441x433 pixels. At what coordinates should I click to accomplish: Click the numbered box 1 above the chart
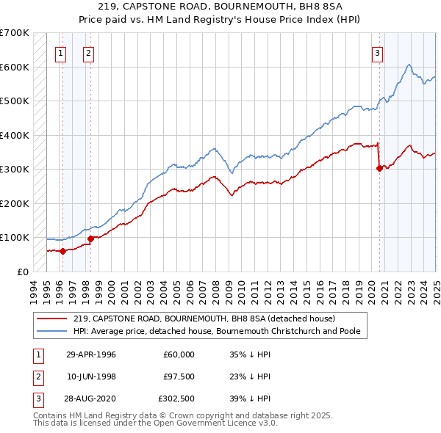(60, 52)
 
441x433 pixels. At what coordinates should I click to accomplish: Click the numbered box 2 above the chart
(87, 52)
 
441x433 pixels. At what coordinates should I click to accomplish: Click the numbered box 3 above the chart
(376, 52)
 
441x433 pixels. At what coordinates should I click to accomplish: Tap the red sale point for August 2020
(380, 168)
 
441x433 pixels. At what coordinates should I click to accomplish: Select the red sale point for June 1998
(90, 238)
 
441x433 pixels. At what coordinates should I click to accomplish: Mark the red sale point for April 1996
(63, 251)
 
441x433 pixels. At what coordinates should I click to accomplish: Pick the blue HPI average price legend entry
(216, 331)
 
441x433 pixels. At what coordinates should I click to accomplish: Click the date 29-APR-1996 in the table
(91, 354)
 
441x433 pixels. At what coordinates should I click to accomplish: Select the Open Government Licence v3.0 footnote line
(156, 423)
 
